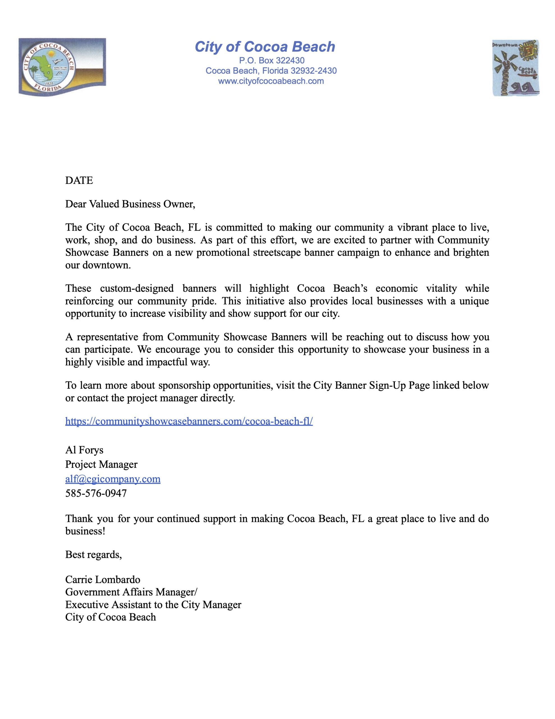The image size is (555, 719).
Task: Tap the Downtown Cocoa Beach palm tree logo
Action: pos(515,68)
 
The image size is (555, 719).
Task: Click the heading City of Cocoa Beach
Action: pos(265,47)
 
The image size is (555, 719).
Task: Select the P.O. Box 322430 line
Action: pos(271,61)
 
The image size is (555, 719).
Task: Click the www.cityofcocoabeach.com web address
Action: pos(271,81)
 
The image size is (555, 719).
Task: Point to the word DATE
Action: pos(79,180)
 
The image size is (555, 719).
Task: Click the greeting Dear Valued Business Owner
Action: pos(130,204)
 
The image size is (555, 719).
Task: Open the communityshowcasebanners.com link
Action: pos(189,421)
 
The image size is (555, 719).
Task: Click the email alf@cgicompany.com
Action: pos(113,479)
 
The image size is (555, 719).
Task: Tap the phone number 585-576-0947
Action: pos(96,493)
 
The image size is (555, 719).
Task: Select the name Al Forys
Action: pos(84,450)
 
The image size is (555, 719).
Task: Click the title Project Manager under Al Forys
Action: pos(101,465)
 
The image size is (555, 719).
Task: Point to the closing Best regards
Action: pos(93,555)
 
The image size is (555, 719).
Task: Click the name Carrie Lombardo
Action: pos(103,580)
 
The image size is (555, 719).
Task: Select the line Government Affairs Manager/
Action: pos(131,592)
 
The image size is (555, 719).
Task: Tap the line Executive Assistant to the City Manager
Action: pos(153,605)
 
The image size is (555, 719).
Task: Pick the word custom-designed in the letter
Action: pos(137,289)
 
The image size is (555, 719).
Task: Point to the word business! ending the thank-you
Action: pos(85,531)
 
